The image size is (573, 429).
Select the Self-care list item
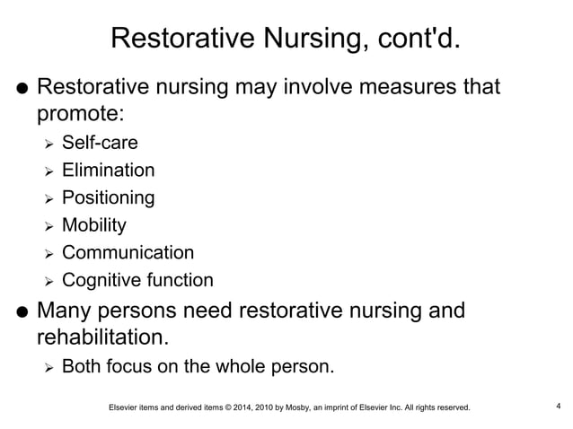(100, 142)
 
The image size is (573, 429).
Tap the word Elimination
(108, 170)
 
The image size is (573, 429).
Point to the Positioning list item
(108, 197)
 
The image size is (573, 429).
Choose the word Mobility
(93, 225)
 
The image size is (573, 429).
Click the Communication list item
(128, 253)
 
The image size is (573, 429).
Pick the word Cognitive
(99, 281)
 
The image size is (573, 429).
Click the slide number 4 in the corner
(559, 407)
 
